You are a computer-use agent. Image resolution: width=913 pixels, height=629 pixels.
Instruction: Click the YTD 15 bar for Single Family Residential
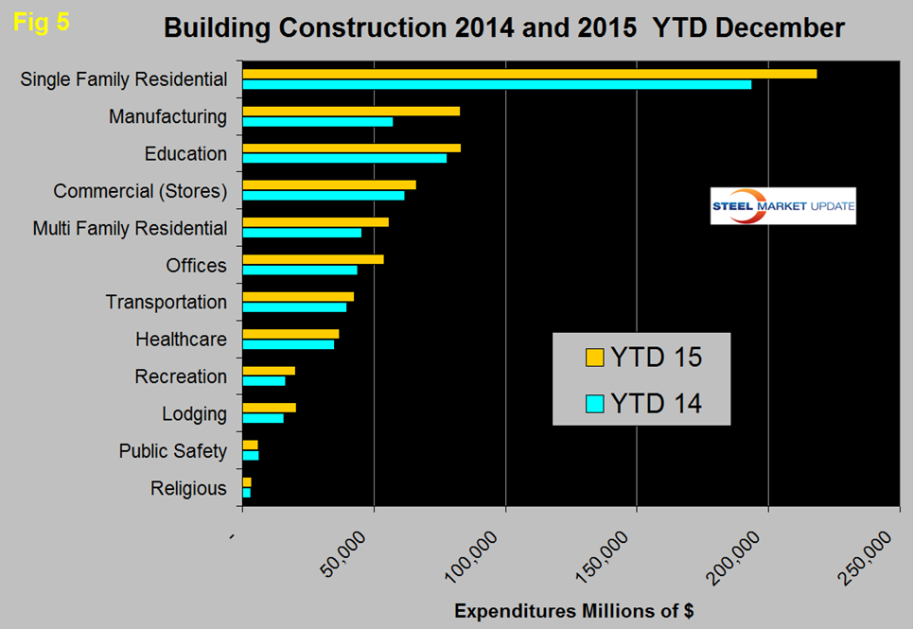(x=529, y=74)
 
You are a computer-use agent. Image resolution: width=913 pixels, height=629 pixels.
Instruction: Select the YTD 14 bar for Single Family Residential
(x=497, y=84)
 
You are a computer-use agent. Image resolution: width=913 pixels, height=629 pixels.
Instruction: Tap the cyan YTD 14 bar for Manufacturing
(x=318, y=121)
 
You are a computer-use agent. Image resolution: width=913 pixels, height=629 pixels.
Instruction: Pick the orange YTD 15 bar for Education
(x=351, y=148)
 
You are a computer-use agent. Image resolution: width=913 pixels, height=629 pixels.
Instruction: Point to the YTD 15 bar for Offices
(x=313, y=259)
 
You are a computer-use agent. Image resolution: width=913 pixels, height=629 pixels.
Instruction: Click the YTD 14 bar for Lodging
(x=263, y=418)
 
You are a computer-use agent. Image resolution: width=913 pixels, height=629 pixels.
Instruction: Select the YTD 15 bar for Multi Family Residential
(x=316, y=222)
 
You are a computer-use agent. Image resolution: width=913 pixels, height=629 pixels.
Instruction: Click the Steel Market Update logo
(x=782, y=206)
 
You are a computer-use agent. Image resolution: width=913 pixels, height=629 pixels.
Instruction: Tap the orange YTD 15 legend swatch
(x=594, y=358)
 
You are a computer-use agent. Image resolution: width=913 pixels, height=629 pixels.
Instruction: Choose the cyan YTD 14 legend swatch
(x=594, y=404)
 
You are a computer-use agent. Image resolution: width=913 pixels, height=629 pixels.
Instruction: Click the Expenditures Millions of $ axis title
(x=573, y=610)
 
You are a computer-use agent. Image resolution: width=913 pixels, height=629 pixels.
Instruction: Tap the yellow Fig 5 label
(x=42, y=23)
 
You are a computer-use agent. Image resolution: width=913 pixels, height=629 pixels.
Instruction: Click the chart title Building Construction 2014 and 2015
(x=503, y=28)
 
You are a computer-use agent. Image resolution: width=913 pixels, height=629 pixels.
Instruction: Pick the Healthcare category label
(x=181, y=339)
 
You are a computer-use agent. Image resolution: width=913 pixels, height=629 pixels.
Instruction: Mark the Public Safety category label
(x=172, y=450)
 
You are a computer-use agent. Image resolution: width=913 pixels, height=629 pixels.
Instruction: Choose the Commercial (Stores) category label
(x=140, y=191)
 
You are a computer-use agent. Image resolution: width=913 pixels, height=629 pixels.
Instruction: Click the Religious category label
(x=188, y=488)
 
